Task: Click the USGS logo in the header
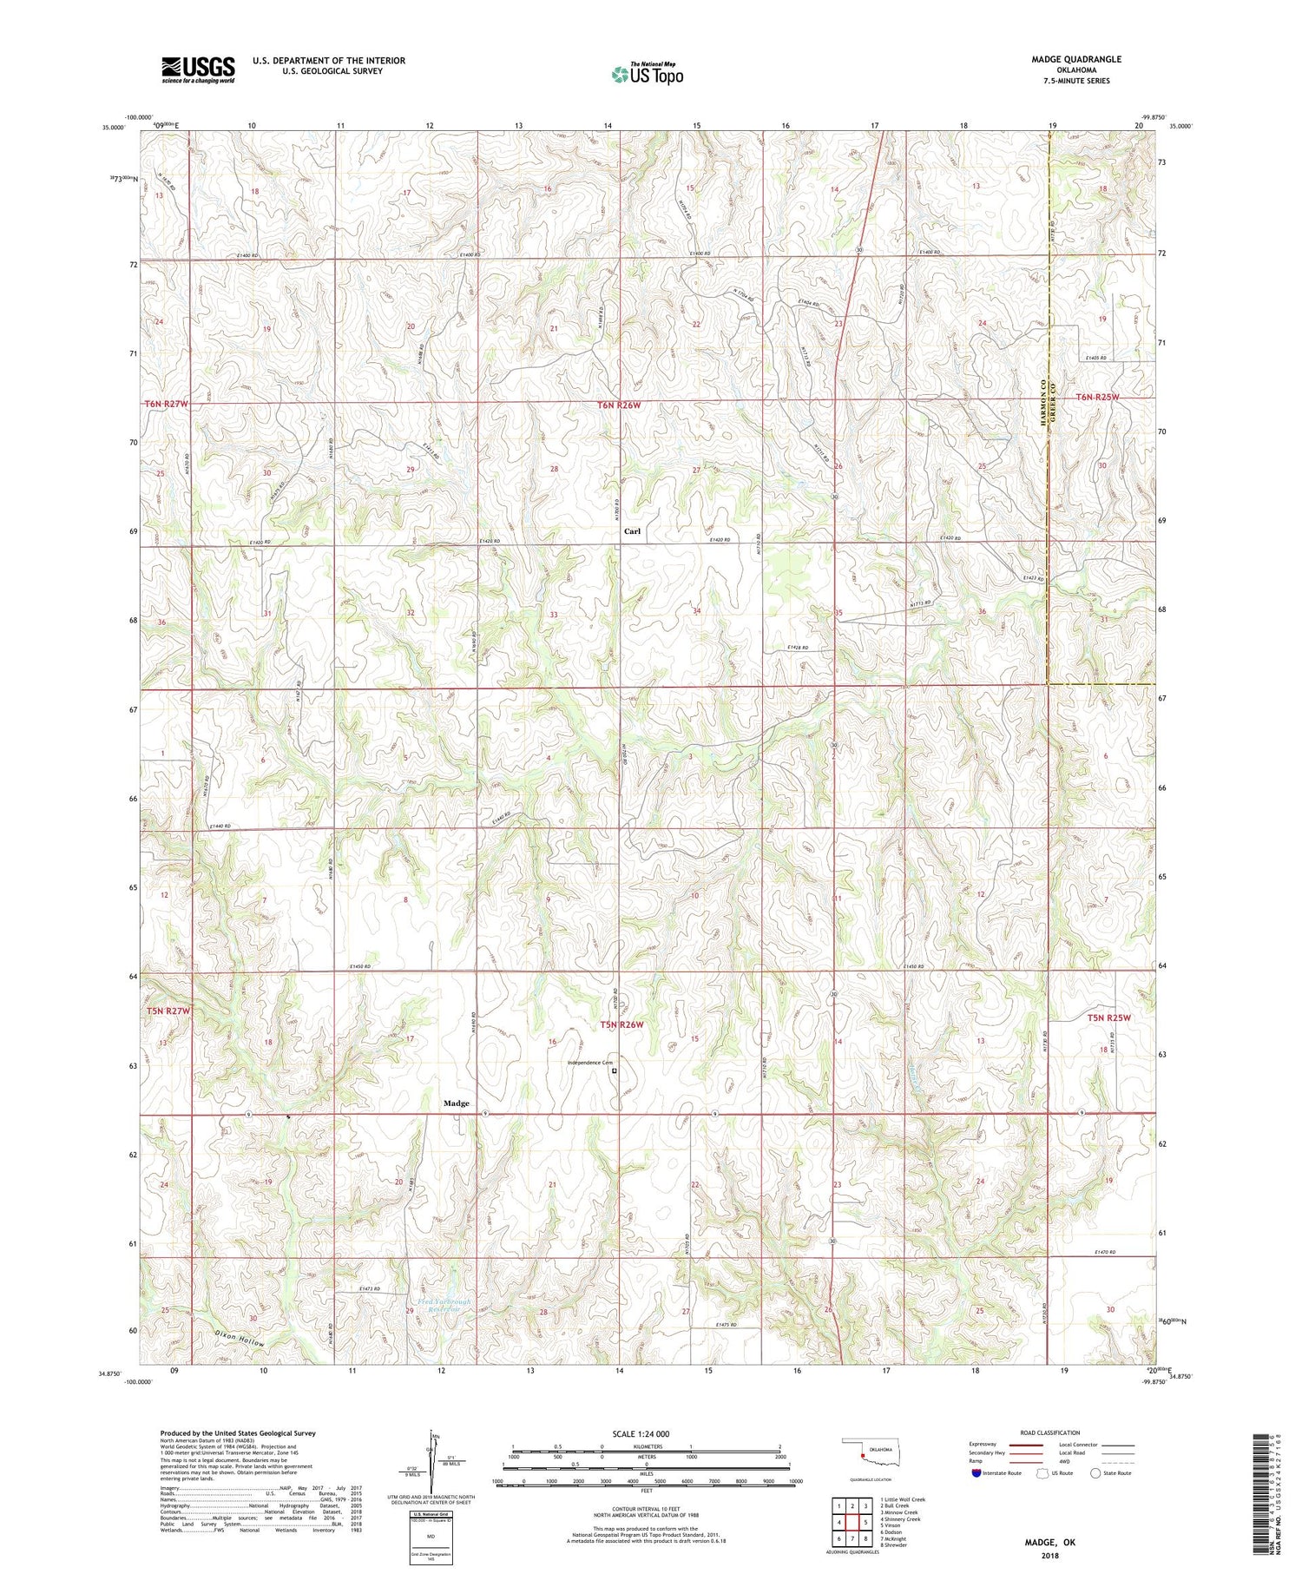point(198,69)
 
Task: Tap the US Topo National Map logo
point(647,74)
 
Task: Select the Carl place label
point(632,530)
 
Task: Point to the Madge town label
point(457,1103)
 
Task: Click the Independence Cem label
point(590,1063)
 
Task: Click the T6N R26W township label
point(619,405)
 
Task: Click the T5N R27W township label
point(167,1011)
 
